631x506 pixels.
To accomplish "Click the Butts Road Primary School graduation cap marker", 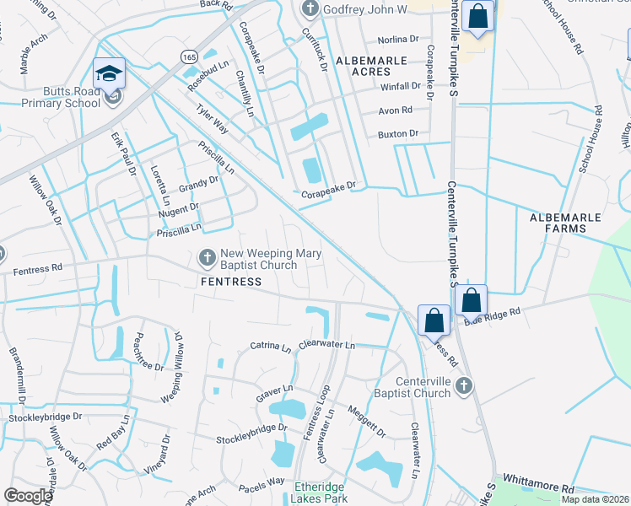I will pyautogui.click(x=110, y=73).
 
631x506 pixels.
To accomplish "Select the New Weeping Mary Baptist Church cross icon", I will pyautogui.click(x=207, y=257).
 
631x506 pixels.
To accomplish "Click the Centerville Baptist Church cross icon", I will pyautogui.click(x=462, y=386).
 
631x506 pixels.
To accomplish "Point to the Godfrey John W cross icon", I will pyautogui.click(x=310, y=9).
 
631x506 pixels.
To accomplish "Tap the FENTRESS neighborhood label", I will pyautogui.click(x=230, y=282).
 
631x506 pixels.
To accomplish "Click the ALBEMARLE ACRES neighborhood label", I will pyautogui.click(x=371, y=61).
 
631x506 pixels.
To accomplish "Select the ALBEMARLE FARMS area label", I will pyautogui.click(x=565, y=223).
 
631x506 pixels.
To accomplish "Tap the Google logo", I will pyautogui.click(x=28, y=496).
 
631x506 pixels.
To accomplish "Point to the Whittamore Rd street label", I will pyautogui.click(x=537, y=489).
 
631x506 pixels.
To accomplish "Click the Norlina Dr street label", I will pyautogui.click(x=399, y=39).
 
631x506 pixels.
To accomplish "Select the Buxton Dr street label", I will pyautogui.click(x=398, y=133).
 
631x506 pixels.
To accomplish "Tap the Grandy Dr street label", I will pyautogui.click(x=197, y=180).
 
